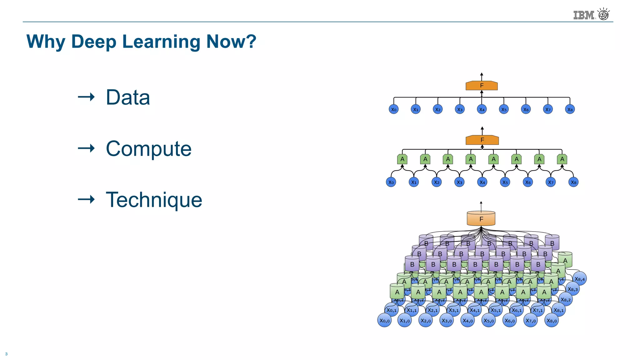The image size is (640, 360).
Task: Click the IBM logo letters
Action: tap(583, 15)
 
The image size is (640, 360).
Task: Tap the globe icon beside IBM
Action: tap(603, 14)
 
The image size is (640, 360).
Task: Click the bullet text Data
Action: tap(128, 97)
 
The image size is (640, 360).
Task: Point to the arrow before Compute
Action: tap(86, 148)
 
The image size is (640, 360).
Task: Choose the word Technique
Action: tap(154, 200)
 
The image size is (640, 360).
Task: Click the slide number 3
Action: tap(6, 354)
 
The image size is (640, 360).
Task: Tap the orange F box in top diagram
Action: tap(482, 86)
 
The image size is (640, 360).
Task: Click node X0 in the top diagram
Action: tap(394, 109)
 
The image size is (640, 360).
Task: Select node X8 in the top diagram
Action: tap(570, 109)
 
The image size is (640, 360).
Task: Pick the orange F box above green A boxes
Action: tap(482, 140)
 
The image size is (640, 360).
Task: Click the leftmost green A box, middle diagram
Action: tap(402, 159)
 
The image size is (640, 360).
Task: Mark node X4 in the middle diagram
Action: tap(482, 182)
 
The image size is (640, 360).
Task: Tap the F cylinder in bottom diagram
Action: tap(481, 219)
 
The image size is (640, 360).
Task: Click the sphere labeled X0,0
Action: tap(384, 321)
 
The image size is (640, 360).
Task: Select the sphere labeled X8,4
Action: tap(580, 279)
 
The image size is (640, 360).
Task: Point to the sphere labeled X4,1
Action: tap(475, 310)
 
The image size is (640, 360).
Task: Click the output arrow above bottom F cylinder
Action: tap(481, 206)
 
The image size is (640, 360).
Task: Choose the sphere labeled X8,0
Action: tap(552, 321)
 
